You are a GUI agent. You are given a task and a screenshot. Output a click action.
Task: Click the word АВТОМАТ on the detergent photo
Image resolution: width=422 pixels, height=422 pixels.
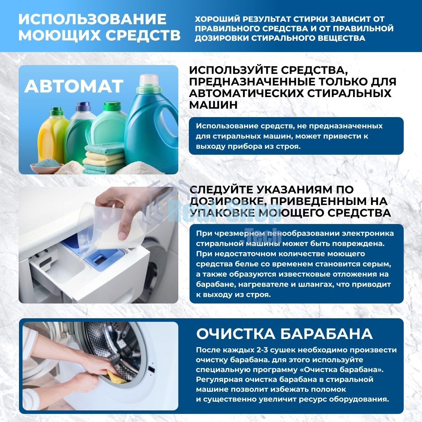(x=74, y=86)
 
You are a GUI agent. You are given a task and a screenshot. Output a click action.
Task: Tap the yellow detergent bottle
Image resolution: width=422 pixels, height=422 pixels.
(x=53, y=137)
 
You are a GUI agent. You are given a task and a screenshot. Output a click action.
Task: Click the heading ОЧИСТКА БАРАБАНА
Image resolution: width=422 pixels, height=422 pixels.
(x=284, y=334)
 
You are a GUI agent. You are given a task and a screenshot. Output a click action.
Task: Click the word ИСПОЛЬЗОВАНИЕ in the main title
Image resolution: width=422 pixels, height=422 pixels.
(x=92, y=19)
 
